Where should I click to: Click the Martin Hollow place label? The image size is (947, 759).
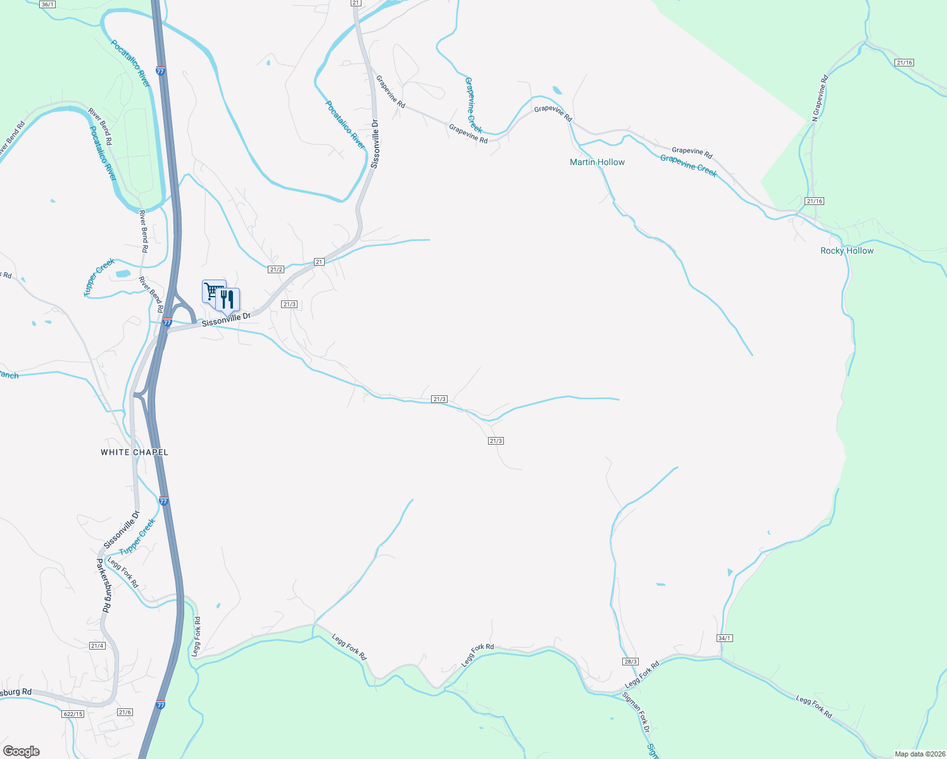(597, 163)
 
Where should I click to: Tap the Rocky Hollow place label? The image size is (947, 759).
(847, 251)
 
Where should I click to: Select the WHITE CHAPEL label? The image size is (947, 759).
(135, 452)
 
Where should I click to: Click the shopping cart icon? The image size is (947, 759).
(213, 292)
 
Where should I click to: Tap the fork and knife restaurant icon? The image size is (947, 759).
(228, 299)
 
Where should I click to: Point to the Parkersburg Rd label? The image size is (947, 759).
(104, 585)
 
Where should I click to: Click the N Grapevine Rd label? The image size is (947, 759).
(820, 97)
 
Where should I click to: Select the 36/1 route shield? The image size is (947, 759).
(47, 4)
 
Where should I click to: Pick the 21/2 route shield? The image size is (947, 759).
(276, 269)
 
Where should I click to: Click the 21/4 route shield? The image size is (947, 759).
(97, 646)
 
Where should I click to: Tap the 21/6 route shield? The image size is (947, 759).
(125, 712)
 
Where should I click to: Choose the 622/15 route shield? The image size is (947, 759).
(73, 714)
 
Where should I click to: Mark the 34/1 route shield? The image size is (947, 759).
(725, 638)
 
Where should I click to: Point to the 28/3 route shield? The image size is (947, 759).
(630, 661)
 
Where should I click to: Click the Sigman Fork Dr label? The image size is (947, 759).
(636, 713)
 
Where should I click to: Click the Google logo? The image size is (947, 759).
(22, 751)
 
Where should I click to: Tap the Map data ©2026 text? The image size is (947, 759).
(918, 754)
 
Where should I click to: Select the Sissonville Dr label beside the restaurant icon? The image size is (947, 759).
(226, 319)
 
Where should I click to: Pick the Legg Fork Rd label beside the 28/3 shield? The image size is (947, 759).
(642, 675)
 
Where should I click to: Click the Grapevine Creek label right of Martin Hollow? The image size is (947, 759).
(689, 166)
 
